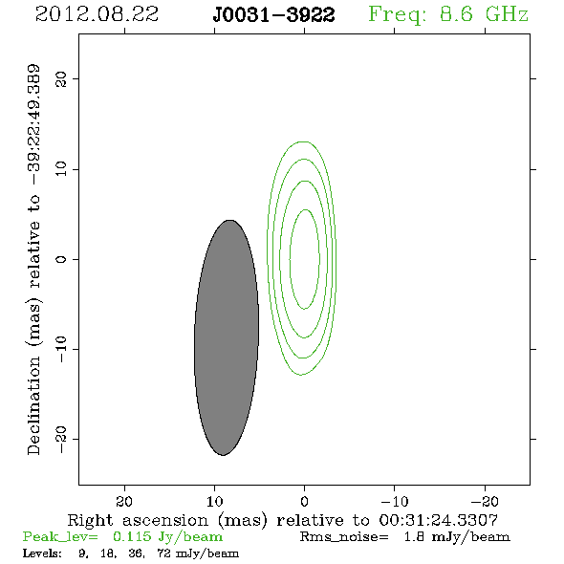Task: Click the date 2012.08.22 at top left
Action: [x=97, y=14]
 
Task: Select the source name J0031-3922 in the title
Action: [x=273, y=15]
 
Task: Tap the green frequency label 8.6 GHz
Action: [x=484, y=14]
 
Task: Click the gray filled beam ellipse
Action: [x=227, y=337]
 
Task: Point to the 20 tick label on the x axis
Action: [x=124, y=501]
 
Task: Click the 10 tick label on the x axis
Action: [x=214, y=501]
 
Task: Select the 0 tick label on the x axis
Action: [x=304, y=501]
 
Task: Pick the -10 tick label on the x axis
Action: [x=395, y=501]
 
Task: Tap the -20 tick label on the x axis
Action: [x=485, y=501]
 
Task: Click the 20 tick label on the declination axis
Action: [x=61, y=78]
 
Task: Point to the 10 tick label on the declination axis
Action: [x=61, y=169]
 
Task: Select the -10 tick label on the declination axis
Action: [x=61, y=349]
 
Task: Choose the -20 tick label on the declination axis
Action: [x=61, y=439]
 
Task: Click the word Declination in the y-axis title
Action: [x=33, y=405]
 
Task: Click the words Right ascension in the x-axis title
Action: [x=138, y=520]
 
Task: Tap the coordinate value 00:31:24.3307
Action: [x=439, y=520]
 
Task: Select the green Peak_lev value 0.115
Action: [x=132, y=536]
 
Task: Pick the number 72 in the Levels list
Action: [x=163, y=553]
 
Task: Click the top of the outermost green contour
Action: [x=304, y=141]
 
